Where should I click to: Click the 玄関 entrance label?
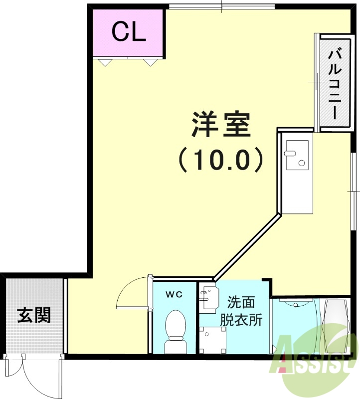pos(34,315)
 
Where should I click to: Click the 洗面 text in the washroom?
pos(241,303)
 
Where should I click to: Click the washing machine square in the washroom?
pos(212,340)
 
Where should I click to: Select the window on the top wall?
pos(221,6)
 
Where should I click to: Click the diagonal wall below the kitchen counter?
pos(247,246)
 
